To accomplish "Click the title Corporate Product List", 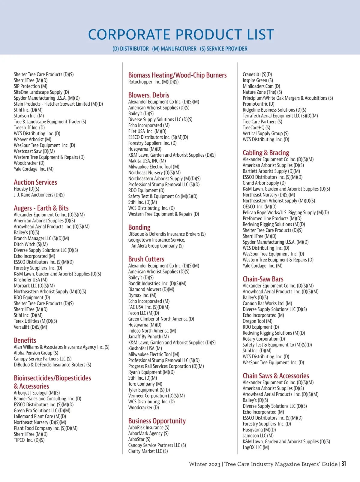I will [181, 35].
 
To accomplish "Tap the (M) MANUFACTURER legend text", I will [174, 49].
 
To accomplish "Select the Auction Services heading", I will [35, 182].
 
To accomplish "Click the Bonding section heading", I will [139, 227].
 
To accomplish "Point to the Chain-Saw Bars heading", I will [263, 279].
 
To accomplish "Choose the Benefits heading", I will [25, 340].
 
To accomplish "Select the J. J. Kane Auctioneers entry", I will [39, 195].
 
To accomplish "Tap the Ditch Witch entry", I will [31, 244].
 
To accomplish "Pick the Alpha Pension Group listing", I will [36, 353].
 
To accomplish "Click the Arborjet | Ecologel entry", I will [37, 393].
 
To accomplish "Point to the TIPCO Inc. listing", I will [29, 440].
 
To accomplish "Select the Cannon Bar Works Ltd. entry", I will [267, 303].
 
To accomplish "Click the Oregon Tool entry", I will [257, 321].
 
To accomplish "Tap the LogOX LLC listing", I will [256, 447].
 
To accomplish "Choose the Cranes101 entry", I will [257, 74].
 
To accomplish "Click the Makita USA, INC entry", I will [147, 161].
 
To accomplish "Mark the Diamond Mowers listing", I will [151, 289].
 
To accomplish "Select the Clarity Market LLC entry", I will [148, 451].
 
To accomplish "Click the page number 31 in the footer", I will [343, 464].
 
